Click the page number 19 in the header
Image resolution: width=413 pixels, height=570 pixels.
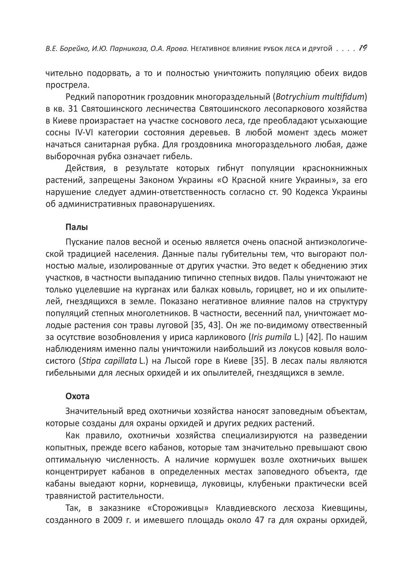(x=363, y=48)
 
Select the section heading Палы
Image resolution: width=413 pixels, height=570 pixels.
(x=77, y=227)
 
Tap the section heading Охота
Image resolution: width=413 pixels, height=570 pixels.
(x=77, y=396)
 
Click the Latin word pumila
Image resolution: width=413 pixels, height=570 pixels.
(x=279, y=337)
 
